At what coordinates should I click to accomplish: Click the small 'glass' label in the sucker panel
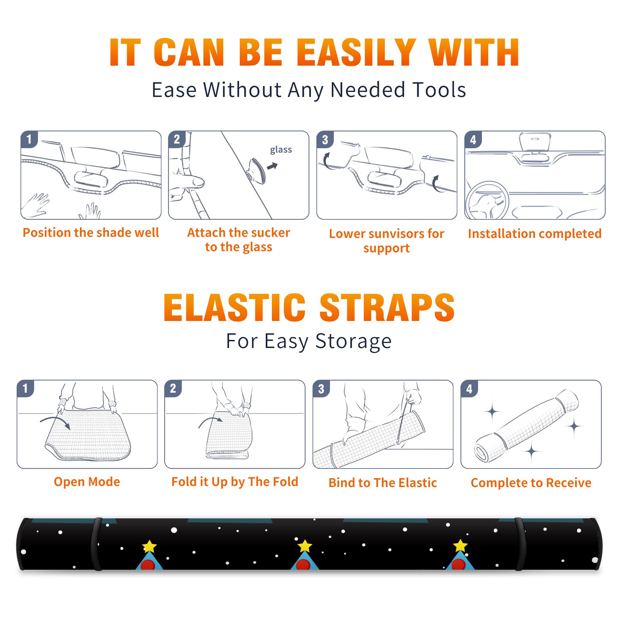click(281, 150)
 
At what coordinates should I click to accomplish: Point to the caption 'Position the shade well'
click(91, 233)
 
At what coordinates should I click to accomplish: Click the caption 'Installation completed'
click(535, 234)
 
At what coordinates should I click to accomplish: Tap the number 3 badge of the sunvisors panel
click(325, 139)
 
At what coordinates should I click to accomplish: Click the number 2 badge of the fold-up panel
click(173, 388)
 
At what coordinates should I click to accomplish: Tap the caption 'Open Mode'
click(87, 482)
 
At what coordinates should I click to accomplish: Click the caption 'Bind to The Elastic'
click(383, 483)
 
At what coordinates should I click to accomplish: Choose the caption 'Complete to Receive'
click(531, 483)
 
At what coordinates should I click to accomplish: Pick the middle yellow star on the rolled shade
click(305, 546)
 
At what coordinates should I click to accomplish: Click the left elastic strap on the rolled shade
click(97, 544)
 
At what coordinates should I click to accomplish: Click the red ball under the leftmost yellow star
click(148, 565)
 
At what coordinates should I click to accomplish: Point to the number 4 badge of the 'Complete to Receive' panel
click(469, 389)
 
